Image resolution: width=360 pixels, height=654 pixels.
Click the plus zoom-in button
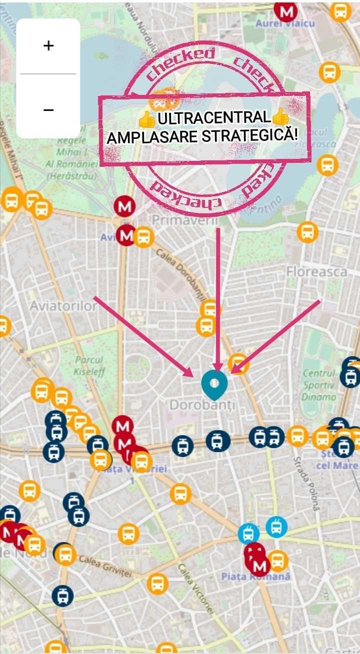coord(48,46)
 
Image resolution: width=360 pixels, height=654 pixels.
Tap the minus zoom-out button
coord(48,109)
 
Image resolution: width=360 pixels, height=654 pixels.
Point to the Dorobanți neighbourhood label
coord(202,405)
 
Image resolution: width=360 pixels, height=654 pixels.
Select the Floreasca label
coord(316,272)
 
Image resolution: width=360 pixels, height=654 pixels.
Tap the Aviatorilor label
coord(63,305)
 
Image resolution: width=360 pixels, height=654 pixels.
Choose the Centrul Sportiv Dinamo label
coord(319,385)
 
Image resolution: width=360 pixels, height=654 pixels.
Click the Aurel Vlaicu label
coord(285,23)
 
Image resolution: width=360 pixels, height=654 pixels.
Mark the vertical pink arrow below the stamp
coord(218,300)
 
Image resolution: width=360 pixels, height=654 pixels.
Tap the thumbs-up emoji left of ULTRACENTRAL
coord(147,119)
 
